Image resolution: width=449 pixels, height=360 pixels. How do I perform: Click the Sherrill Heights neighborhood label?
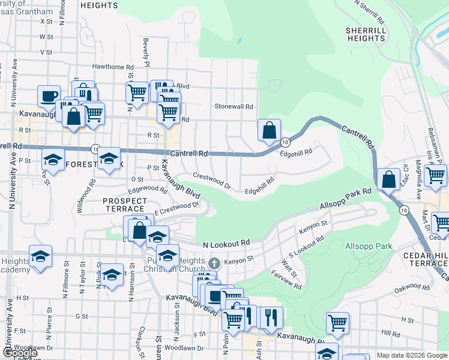point(365,34)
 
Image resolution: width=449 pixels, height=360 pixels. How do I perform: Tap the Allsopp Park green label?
point(369,246)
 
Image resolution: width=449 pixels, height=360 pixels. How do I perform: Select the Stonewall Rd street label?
point(235,106)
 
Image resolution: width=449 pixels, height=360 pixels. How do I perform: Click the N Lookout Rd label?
point(226,244)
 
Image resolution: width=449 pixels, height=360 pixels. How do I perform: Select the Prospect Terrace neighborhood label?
point(125,205)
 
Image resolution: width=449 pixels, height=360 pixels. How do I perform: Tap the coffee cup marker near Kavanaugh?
point(49,96)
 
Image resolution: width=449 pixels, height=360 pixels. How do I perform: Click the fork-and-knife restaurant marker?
point(273,317)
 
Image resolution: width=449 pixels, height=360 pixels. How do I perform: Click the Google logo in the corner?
point(19,353)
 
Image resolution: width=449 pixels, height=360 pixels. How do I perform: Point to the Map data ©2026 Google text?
point(411,355)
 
